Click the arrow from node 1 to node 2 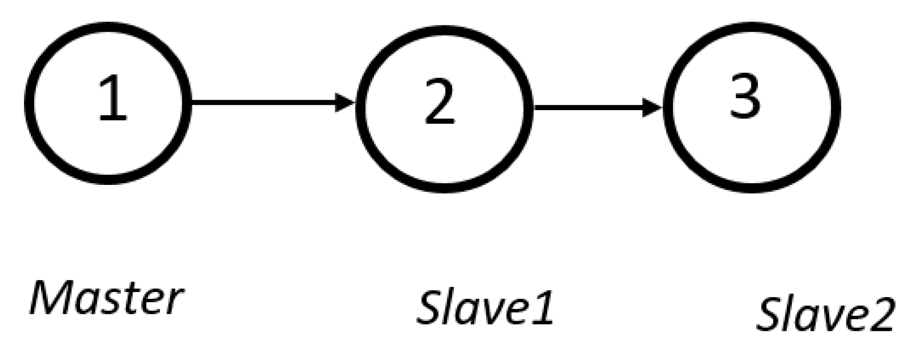coord(265,102)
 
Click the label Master coord(106,298)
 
